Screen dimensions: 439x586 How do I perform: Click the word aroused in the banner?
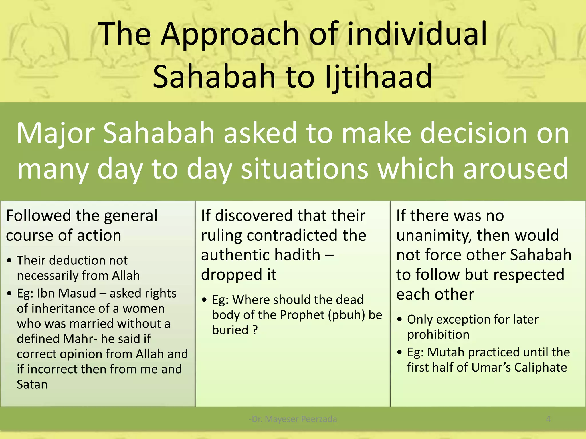point(515,169)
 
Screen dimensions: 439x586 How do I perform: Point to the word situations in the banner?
point(304,169)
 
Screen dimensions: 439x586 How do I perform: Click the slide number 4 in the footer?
point(548,419)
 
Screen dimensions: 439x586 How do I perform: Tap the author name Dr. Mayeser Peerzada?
point(293,419)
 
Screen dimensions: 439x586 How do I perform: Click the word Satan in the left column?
point(32,384)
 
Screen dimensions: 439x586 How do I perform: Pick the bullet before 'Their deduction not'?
point(10,261)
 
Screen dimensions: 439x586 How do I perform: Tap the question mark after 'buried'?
point(255,330)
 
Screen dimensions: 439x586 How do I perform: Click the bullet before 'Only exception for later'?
point(400,320)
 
